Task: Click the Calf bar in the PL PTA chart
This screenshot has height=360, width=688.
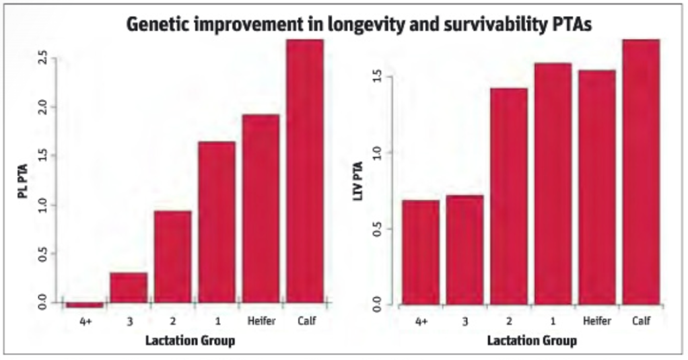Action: point(305,171)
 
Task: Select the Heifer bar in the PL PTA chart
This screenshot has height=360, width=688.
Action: point(261,209)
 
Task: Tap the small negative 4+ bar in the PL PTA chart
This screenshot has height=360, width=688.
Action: point(85,305)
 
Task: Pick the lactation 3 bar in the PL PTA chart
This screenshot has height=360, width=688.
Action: point(129,287)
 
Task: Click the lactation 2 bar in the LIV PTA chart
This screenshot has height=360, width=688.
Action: point(509,196)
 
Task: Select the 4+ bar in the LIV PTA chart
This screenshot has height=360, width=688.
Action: point(421,252)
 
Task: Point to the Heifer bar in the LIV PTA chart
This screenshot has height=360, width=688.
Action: point(597,187)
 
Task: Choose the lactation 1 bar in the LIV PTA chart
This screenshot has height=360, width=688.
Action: point(553,184)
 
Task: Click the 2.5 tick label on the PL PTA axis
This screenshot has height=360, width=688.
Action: point(43,57)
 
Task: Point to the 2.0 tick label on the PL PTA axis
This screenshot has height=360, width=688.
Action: point(43,106)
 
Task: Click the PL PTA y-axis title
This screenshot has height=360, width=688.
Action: point(23,181)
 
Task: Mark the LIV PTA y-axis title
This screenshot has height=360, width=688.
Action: point(358,180)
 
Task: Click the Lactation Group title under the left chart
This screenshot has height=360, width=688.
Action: point(190,340)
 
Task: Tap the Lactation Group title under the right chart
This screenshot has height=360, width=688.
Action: point(532,340)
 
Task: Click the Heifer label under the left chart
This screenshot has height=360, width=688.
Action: point(261,321)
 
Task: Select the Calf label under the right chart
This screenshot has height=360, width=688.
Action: point(641,320)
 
